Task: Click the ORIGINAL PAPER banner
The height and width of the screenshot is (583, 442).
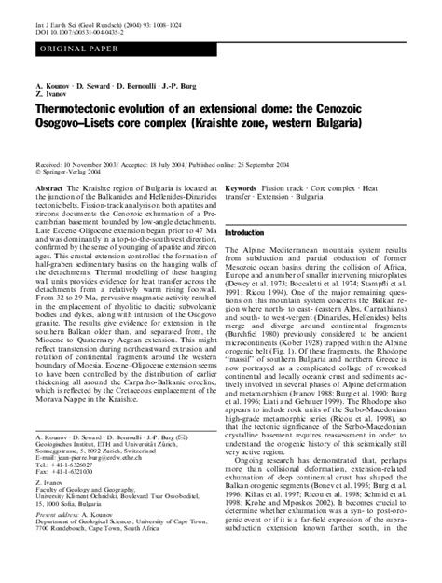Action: click(x=70, y=43)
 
